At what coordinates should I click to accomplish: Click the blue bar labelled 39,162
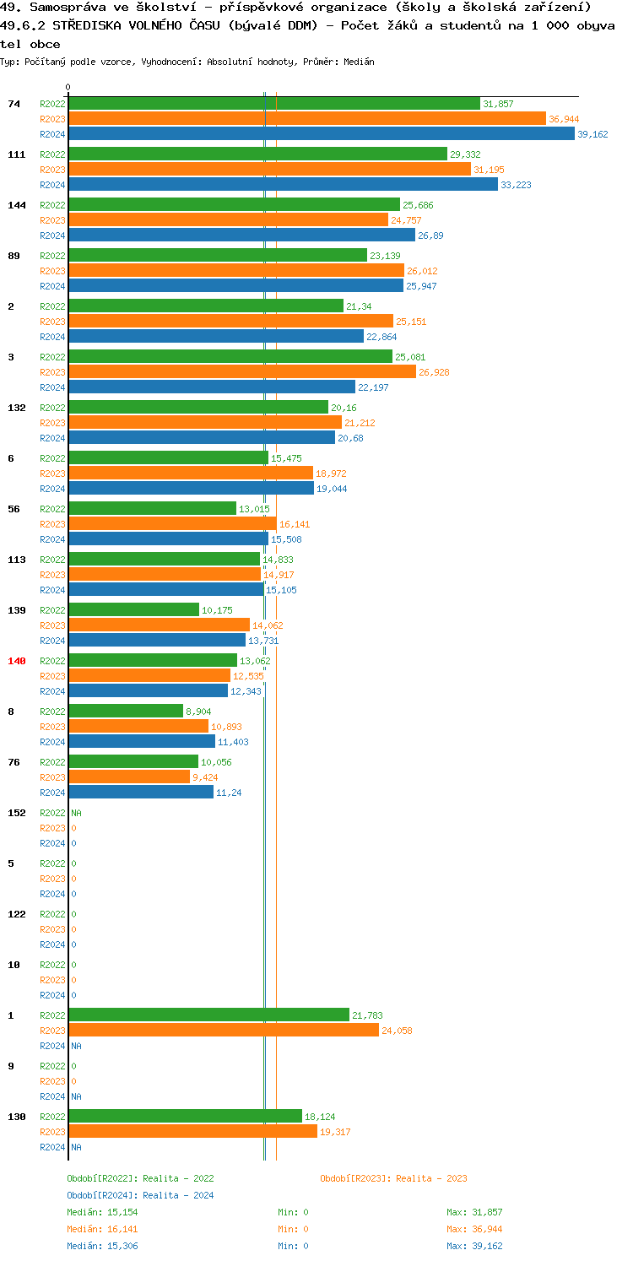[321, 133]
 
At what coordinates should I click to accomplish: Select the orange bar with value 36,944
[307, 118]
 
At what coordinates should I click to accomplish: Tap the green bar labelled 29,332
[257, 154]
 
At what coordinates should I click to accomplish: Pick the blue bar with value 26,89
[241, 235]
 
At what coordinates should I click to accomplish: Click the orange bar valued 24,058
[224, 1030]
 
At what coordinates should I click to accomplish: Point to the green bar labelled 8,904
[126, 711]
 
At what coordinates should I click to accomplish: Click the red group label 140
[17, 661]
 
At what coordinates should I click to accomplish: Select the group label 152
[17, 813]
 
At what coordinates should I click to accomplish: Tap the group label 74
[14, 104]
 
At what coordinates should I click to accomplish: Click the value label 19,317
[335, 1132]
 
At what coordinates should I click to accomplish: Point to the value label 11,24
[230, 793]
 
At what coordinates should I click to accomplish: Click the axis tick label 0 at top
[68, 87]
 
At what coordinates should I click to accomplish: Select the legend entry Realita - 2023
[393, 1178]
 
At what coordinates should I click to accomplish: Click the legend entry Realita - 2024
[140, 1195]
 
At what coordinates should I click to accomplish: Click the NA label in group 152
[76, 813]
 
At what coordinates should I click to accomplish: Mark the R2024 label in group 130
[52, 1147]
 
